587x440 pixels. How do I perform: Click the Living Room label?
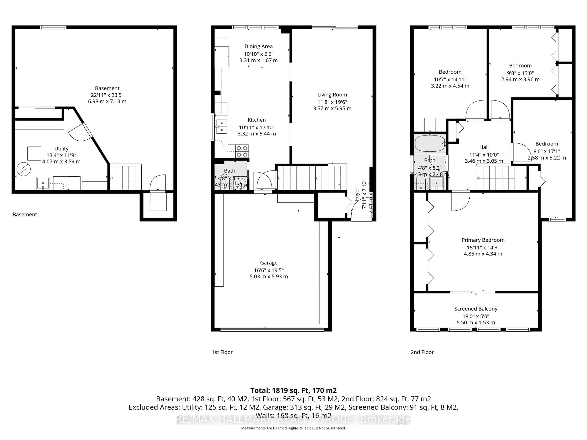tap(332, 95)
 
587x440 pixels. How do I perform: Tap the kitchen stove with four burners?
tap(242, 151)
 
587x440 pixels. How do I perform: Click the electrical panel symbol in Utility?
tap(24, 169)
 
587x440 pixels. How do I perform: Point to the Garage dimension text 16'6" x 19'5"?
tap(269, 270)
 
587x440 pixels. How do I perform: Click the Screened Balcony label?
tap(476, 309)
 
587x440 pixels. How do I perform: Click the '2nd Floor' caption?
tap(422, 352)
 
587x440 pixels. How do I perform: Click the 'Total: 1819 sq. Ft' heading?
tap(293, 390)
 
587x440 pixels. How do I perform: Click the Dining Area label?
tap(258, 46)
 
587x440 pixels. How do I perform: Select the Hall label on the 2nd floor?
tap(484, 147)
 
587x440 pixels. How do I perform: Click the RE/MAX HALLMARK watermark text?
tap(293, 419)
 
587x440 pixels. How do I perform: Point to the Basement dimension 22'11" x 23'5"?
tap(107, 95)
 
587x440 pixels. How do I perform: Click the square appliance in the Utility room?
tap(34, 153)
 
